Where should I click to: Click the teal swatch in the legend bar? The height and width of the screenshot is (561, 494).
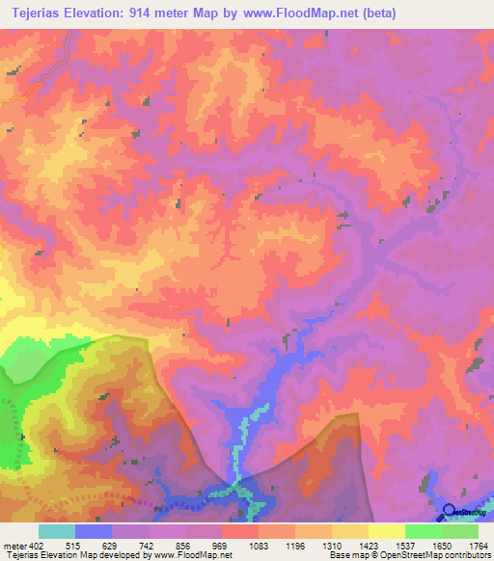[x=57, y=531]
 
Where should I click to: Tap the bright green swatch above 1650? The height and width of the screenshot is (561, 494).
[x=423, y=531]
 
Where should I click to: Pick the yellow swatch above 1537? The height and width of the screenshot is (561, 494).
[x=386, y=531]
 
